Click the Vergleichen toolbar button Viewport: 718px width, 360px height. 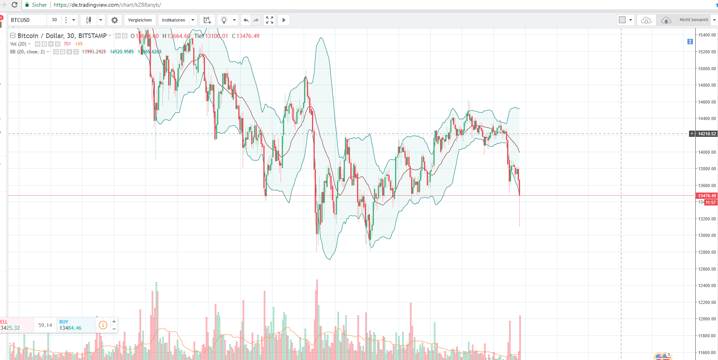point(140,20)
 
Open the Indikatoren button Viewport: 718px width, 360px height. point(174,20)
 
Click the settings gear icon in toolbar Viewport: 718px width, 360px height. point(114,20)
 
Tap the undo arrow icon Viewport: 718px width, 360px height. point(246,20)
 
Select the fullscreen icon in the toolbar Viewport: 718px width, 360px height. point(270,20)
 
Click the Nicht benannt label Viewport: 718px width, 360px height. point(694,20)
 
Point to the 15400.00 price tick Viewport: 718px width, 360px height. point(707,35)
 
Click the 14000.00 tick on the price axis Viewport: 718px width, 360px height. point(707,152)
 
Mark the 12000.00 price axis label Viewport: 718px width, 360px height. point(707,319)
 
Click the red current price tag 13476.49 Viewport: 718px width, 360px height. point(707,196)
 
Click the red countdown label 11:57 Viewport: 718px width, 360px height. point(711,202)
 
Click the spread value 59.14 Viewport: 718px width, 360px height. point(45,325)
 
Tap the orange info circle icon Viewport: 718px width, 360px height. point(103,325)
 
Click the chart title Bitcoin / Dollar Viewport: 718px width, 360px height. point(62,36)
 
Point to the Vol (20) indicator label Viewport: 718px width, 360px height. point(18,44)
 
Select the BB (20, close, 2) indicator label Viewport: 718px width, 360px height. point(27,52)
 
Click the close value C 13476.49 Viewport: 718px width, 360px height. point(246,36)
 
